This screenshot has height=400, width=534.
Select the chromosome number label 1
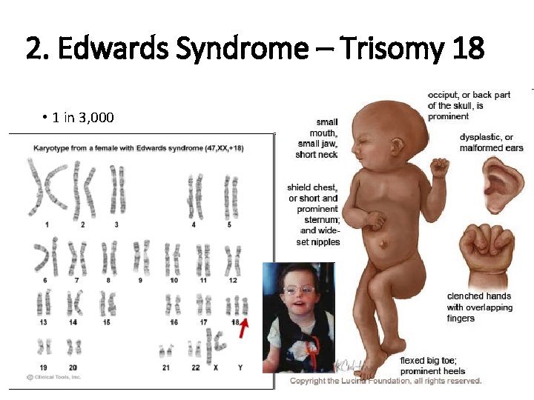coord(47,224)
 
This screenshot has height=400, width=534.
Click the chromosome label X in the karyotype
coord(216,367)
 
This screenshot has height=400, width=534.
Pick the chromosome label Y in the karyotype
coord(239,367)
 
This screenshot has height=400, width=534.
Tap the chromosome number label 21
coord(165,367)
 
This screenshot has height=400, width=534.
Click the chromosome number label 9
coord(140,280)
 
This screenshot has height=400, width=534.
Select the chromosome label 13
coord(44,322)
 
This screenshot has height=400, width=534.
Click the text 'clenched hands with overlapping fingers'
coord(479,307)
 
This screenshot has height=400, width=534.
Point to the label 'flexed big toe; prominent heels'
coord(432,365)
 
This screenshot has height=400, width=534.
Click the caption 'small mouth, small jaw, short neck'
coord(317,138)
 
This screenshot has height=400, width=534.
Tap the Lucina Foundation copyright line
coord(386,381)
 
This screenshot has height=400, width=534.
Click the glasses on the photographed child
coord(297,290)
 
